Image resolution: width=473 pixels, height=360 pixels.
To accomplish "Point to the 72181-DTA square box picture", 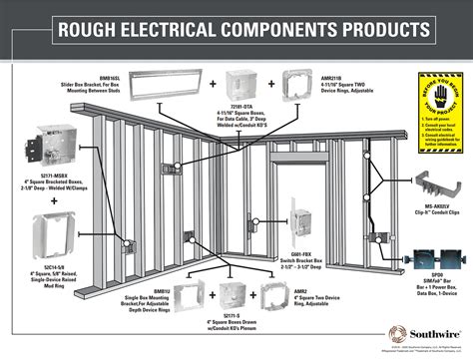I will coord(242,81).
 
